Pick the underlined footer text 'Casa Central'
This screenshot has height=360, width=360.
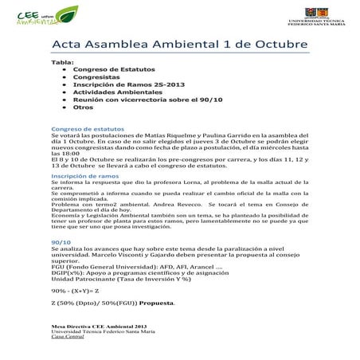point(67,339)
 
